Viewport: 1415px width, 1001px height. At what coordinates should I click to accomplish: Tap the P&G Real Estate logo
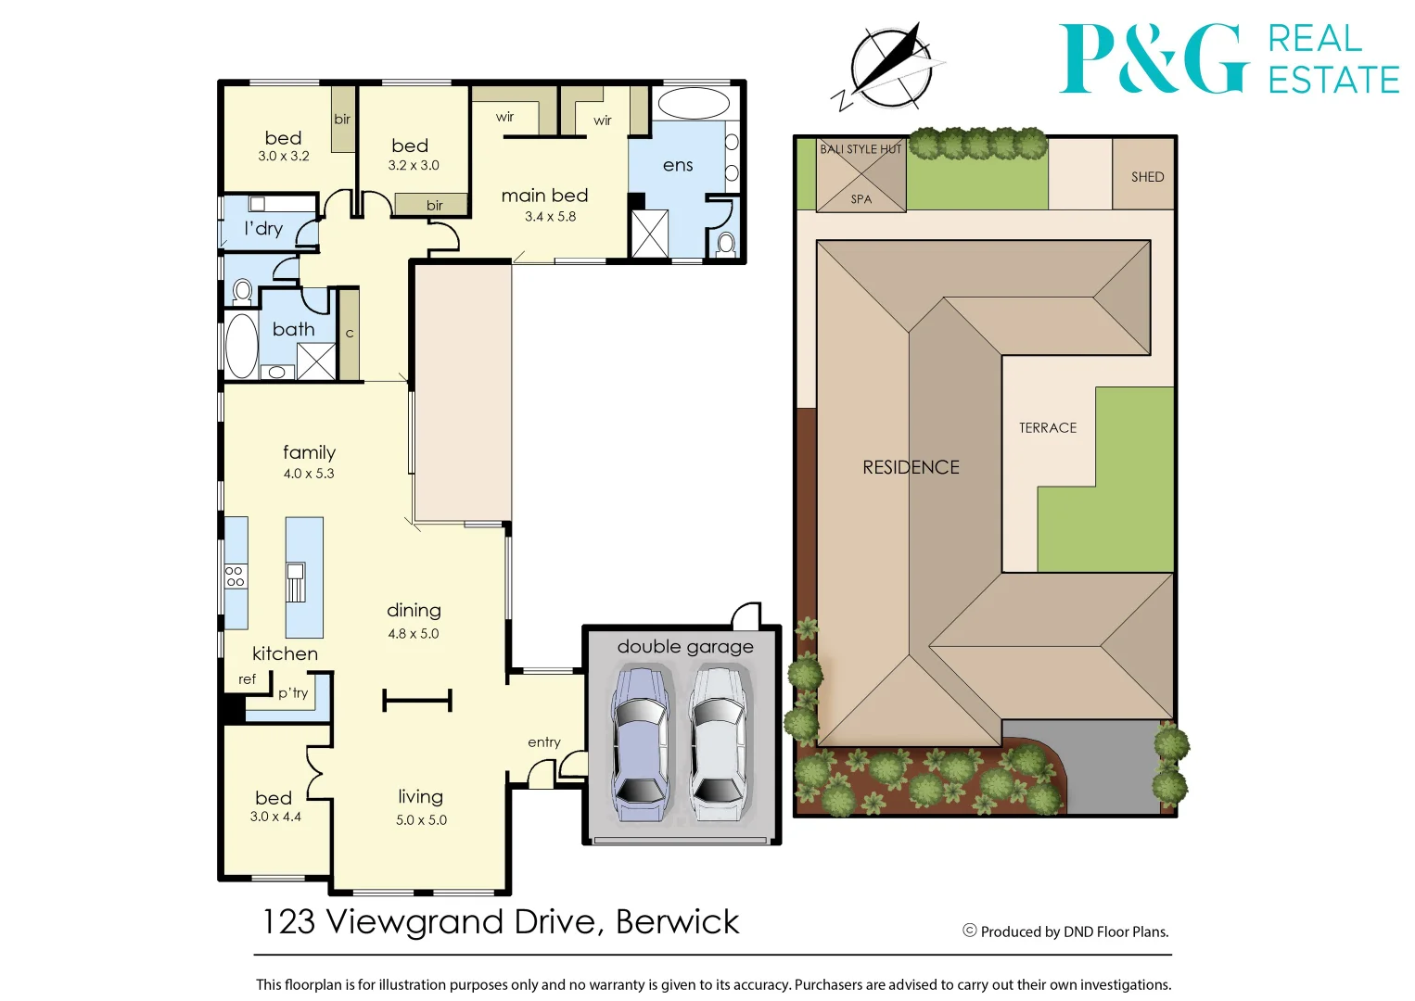coord(1228,59)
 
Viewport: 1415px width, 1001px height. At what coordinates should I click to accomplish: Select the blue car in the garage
coord(639,743)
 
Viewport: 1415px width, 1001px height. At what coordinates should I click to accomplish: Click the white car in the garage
coord(719,743)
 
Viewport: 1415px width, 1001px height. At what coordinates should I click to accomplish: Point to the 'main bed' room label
coord(544,196)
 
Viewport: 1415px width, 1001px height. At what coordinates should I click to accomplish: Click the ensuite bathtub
coord(693,103)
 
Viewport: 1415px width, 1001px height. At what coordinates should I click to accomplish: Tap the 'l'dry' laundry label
coord(263,229)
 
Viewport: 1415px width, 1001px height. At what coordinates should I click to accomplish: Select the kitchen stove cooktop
coord(236,576)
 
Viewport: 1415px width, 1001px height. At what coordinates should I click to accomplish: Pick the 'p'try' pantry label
coord(293,692)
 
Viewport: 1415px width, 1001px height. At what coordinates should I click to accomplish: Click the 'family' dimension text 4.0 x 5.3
coord(309,474)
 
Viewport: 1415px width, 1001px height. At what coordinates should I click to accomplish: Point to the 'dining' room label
coord(414,611)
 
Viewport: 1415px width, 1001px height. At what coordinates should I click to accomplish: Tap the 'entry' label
coord(544,742)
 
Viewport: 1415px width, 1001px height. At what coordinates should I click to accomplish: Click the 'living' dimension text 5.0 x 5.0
coord(421,820)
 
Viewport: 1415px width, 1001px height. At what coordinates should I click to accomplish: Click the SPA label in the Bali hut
coord(861,199)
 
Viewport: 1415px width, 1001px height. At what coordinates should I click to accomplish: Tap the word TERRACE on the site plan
coord(1048,428)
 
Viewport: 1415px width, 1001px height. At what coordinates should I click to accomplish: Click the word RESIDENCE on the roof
coord(911,468)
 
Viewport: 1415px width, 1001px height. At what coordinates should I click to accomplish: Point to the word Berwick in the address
coord(677,922)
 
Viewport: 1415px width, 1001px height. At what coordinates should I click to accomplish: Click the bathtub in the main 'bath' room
coord(242,346)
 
